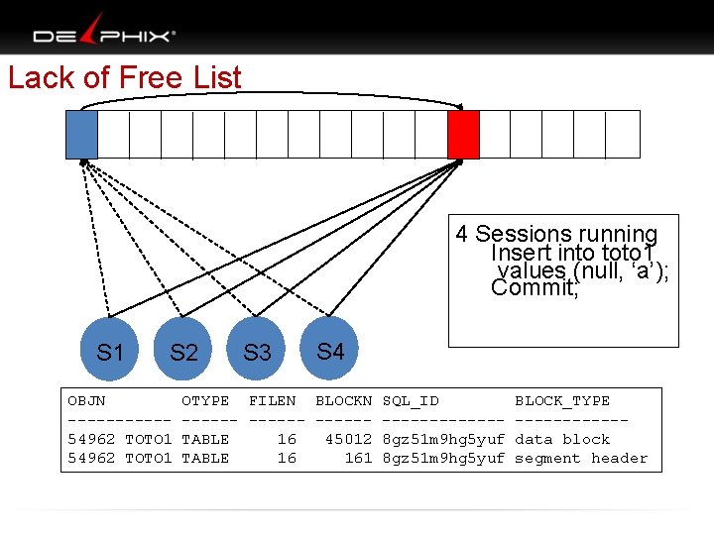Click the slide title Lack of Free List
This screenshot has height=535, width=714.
click(125, 77)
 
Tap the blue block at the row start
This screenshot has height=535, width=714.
click(81, 135)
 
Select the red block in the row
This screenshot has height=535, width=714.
click(463, 135)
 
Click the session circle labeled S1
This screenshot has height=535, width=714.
click(110, 352)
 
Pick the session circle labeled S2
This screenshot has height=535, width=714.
click(183, 352)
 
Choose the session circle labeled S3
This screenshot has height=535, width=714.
click(257, 352)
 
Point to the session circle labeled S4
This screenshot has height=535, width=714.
click(330, 351)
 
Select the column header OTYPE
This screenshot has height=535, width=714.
click(205, 401)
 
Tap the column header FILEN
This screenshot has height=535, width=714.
click(272, 401)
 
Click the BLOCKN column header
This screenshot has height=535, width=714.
click(343, 401)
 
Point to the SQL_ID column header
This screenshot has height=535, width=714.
click(411, 401)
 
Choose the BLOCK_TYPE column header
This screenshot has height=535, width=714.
click(562, 401)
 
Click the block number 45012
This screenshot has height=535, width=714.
click(348, 439)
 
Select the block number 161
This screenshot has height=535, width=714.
click(358, 458)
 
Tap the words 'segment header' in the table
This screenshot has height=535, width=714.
click(581, 458)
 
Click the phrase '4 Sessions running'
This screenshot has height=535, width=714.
click(556, 234)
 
